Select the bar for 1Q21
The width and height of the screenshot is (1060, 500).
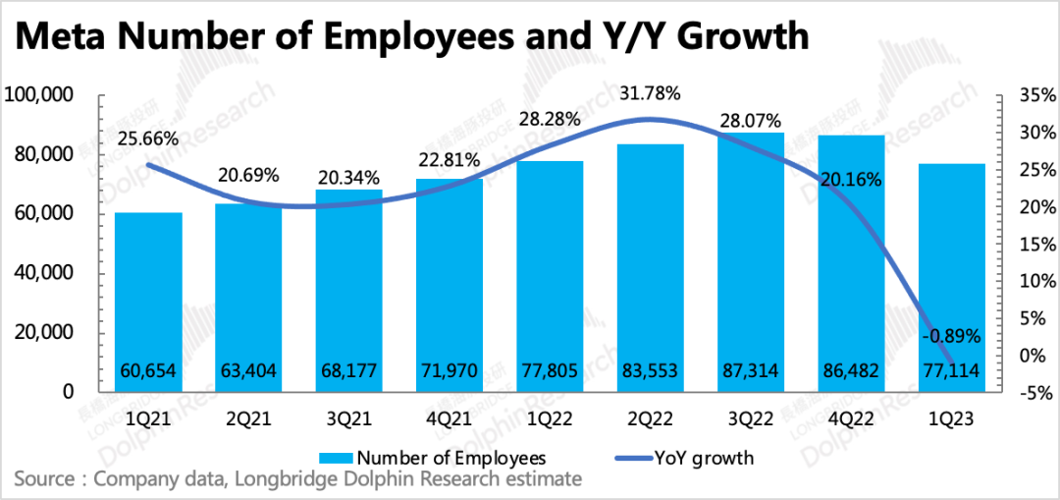pos(149,295)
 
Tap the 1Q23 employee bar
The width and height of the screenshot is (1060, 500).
pos(952,265)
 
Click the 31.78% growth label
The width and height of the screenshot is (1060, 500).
pos(650,94)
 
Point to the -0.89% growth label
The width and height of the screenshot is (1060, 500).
pos(952,337)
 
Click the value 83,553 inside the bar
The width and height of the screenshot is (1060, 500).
pos(650,370)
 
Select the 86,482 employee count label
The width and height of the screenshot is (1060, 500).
pos(850,370)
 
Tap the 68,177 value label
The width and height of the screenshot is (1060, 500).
pos(348,370)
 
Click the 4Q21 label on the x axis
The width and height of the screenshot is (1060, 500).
pos(449,417)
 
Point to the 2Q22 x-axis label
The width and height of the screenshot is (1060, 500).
pos(650,417)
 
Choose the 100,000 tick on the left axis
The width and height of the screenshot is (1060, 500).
pos(40,95)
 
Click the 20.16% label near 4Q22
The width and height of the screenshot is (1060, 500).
pos(850,180)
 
